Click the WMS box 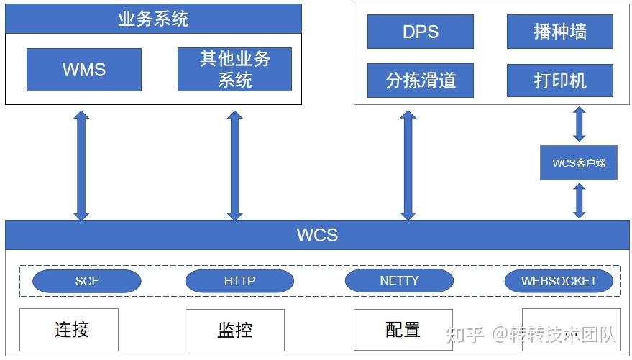click(84, 70)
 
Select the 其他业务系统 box click(234, 70)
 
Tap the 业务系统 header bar click(153, 19)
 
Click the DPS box click(421, 32)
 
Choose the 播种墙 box click(559, 32)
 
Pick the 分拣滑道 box click(421, 80)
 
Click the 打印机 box click(559, 80)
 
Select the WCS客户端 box click(579, 162)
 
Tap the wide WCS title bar click(317, 235)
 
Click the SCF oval click(87, 281)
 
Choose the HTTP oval click(239, 281)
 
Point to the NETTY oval click(399, 280)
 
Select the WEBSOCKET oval click(559, 281)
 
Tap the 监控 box click(235, 331)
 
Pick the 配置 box click(403, 330)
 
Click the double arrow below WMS click(81, 165)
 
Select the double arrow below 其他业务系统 click(234, 165)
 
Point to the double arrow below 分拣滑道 click(408, 165)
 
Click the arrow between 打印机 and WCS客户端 click(579, 124)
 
